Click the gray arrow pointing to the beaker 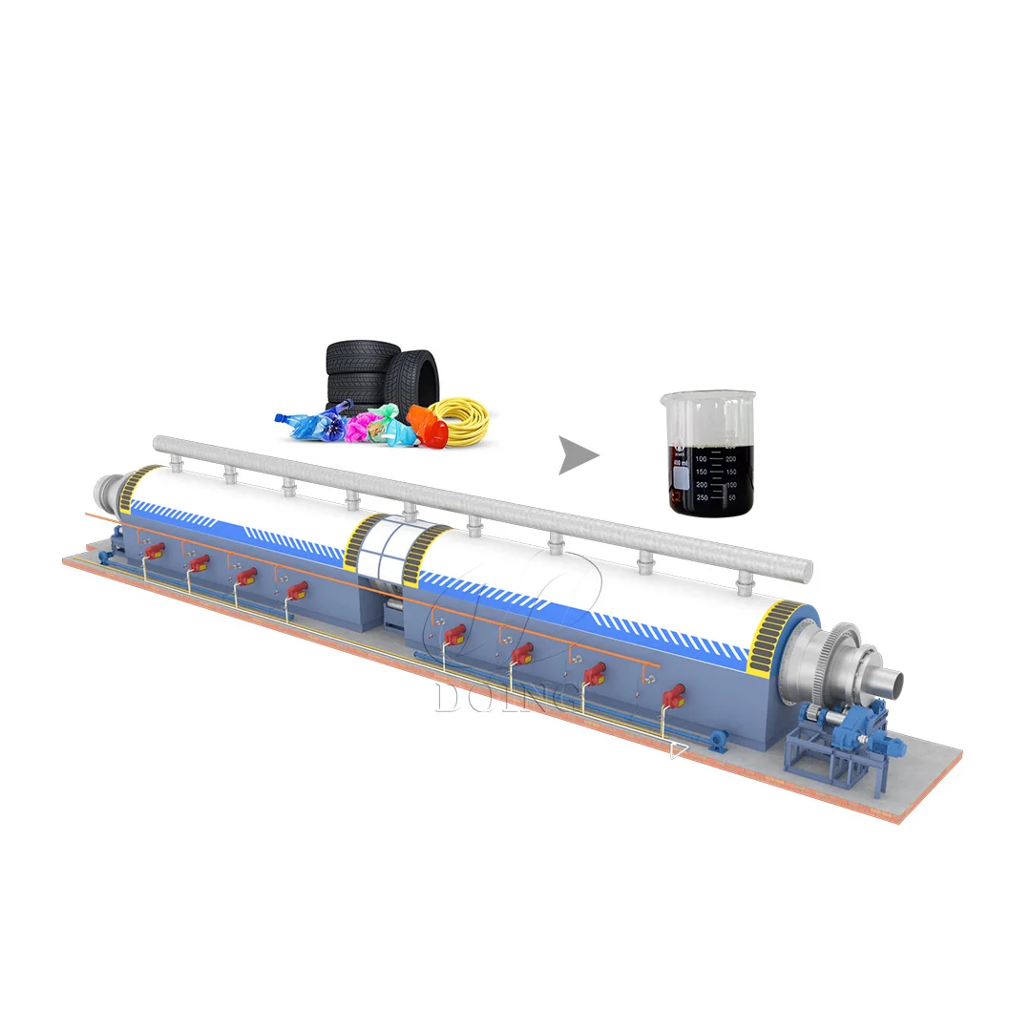click(578, 455)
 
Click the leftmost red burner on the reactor click(153, 551)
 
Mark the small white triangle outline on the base click(678, 751)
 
